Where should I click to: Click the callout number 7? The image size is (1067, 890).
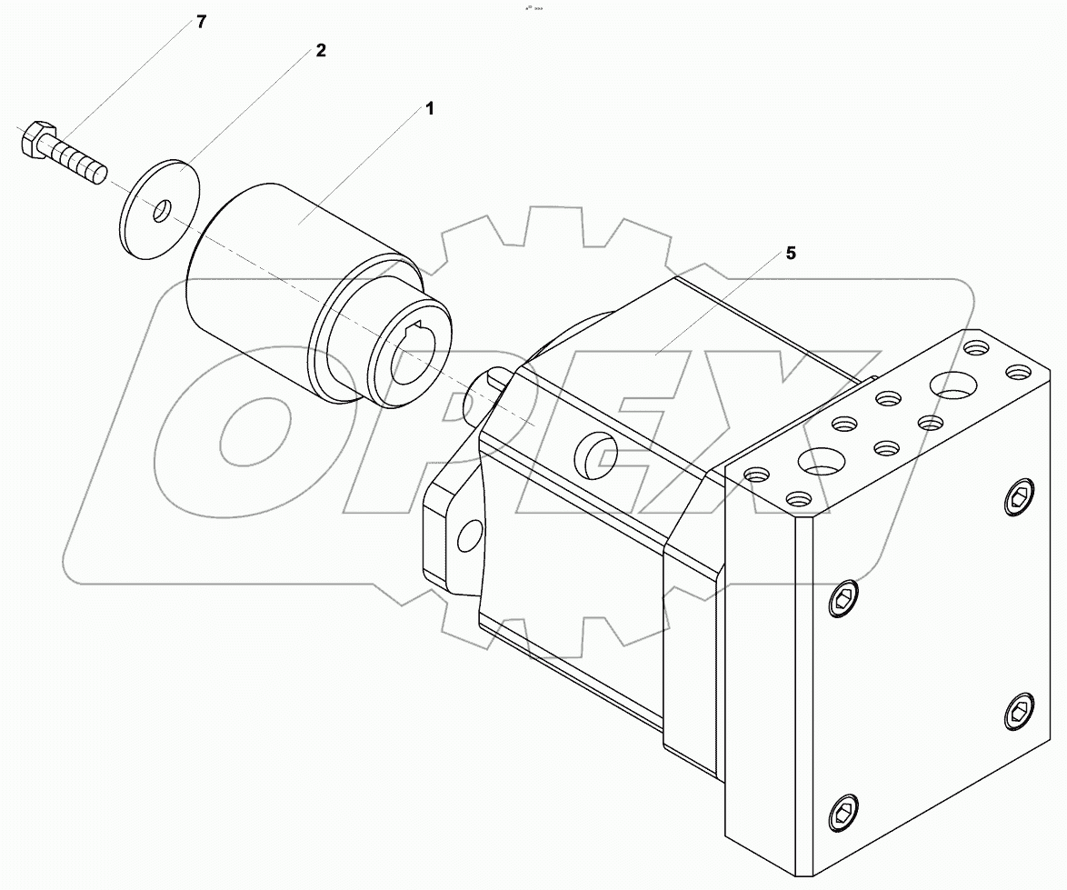tap(202, 22)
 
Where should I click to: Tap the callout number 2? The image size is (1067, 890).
tap(320, 51)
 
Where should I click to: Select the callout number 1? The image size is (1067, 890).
tap(429, 109)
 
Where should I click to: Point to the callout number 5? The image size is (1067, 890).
tap(790, 254)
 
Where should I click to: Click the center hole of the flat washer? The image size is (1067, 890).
tap(161, 211)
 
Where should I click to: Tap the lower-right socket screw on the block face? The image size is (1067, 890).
tap(1020, 710)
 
